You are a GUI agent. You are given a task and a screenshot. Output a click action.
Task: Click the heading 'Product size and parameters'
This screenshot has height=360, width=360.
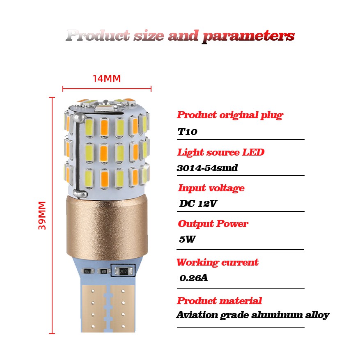tap(180, 36)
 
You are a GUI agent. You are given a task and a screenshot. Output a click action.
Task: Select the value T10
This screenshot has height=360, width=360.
tap(188, 132)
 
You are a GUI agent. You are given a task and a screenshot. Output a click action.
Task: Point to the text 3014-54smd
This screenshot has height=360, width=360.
tap(207, 168)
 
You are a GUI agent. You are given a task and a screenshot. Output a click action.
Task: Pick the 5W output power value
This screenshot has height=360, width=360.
tap(187, 239)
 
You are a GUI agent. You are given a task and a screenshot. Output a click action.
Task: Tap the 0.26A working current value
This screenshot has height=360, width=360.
tap(194, 278)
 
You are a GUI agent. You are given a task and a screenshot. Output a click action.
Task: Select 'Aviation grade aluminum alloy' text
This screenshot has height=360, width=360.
tap(252, 315)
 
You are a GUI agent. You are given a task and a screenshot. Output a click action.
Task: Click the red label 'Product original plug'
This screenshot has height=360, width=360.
tap(230, 115)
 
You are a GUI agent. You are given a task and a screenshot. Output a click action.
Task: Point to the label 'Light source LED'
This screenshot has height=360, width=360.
tap(221, 152)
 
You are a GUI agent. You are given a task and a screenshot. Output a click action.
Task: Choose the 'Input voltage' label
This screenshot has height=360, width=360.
tap(211, 188)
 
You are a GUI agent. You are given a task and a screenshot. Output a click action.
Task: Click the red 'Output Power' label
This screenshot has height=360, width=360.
tap(213, 224)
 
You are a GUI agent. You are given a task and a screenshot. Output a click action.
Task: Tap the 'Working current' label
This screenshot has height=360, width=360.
tap(218, 262)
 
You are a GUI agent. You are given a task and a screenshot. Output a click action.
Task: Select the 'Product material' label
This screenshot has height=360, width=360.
tap(219, 301)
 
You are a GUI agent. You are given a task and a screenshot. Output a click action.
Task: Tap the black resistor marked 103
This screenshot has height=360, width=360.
tap(87, 271)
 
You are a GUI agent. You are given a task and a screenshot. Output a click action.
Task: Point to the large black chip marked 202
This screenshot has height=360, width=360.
tap(123, 271)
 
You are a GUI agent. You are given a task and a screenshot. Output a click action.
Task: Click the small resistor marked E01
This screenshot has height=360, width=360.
tap(104, 271)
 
